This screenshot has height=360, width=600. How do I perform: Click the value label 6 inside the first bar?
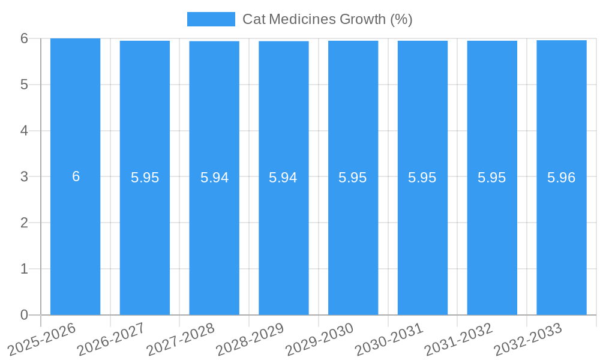(76, 176)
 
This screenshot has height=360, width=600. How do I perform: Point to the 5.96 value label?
(561, 178)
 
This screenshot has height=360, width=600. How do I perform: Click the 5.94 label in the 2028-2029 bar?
(283, 178)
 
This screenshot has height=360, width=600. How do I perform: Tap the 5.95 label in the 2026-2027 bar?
(145, 178)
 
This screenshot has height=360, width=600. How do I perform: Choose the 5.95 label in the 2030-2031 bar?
(422, 178)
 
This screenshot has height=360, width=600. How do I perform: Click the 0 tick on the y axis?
(24, 315)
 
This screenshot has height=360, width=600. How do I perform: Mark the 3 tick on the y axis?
(24, 176)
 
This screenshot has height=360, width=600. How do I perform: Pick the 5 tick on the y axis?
(24, 85)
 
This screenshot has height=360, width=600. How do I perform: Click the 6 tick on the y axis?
(24, 38)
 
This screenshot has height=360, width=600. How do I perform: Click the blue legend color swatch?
(211, 19)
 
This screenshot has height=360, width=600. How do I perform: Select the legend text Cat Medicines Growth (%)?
(327, 19)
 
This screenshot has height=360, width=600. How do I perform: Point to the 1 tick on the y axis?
(24, 269)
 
